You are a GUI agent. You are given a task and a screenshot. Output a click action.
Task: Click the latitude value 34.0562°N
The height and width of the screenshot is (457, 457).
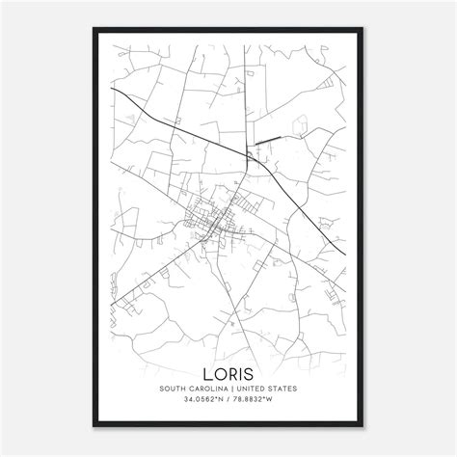coord(202,376)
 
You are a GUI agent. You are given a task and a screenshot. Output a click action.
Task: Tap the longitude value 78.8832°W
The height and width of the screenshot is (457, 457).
coord(255,376)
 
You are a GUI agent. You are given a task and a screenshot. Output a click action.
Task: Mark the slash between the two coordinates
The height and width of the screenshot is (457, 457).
coord(228,376)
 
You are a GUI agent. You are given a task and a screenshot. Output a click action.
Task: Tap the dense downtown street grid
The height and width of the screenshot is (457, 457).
coord(214,224)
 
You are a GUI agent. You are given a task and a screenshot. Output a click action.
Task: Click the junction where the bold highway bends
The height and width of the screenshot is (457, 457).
coord(247,154)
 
